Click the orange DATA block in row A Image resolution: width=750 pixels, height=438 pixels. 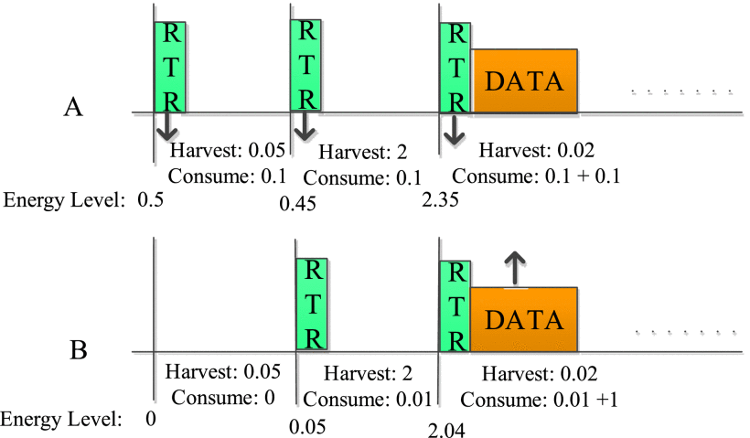click(524, 80)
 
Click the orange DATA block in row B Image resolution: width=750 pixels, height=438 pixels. click(524, 319)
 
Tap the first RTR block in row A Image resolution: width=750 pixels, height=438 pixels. click(170, 66)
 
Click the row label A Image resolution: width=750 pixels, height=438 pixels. click(73, 108)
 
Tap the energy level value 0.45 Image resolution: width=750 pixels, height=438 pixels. click(297, 204)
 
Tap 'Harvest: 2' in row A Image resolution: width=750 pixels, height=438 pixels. click(360, 153)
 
